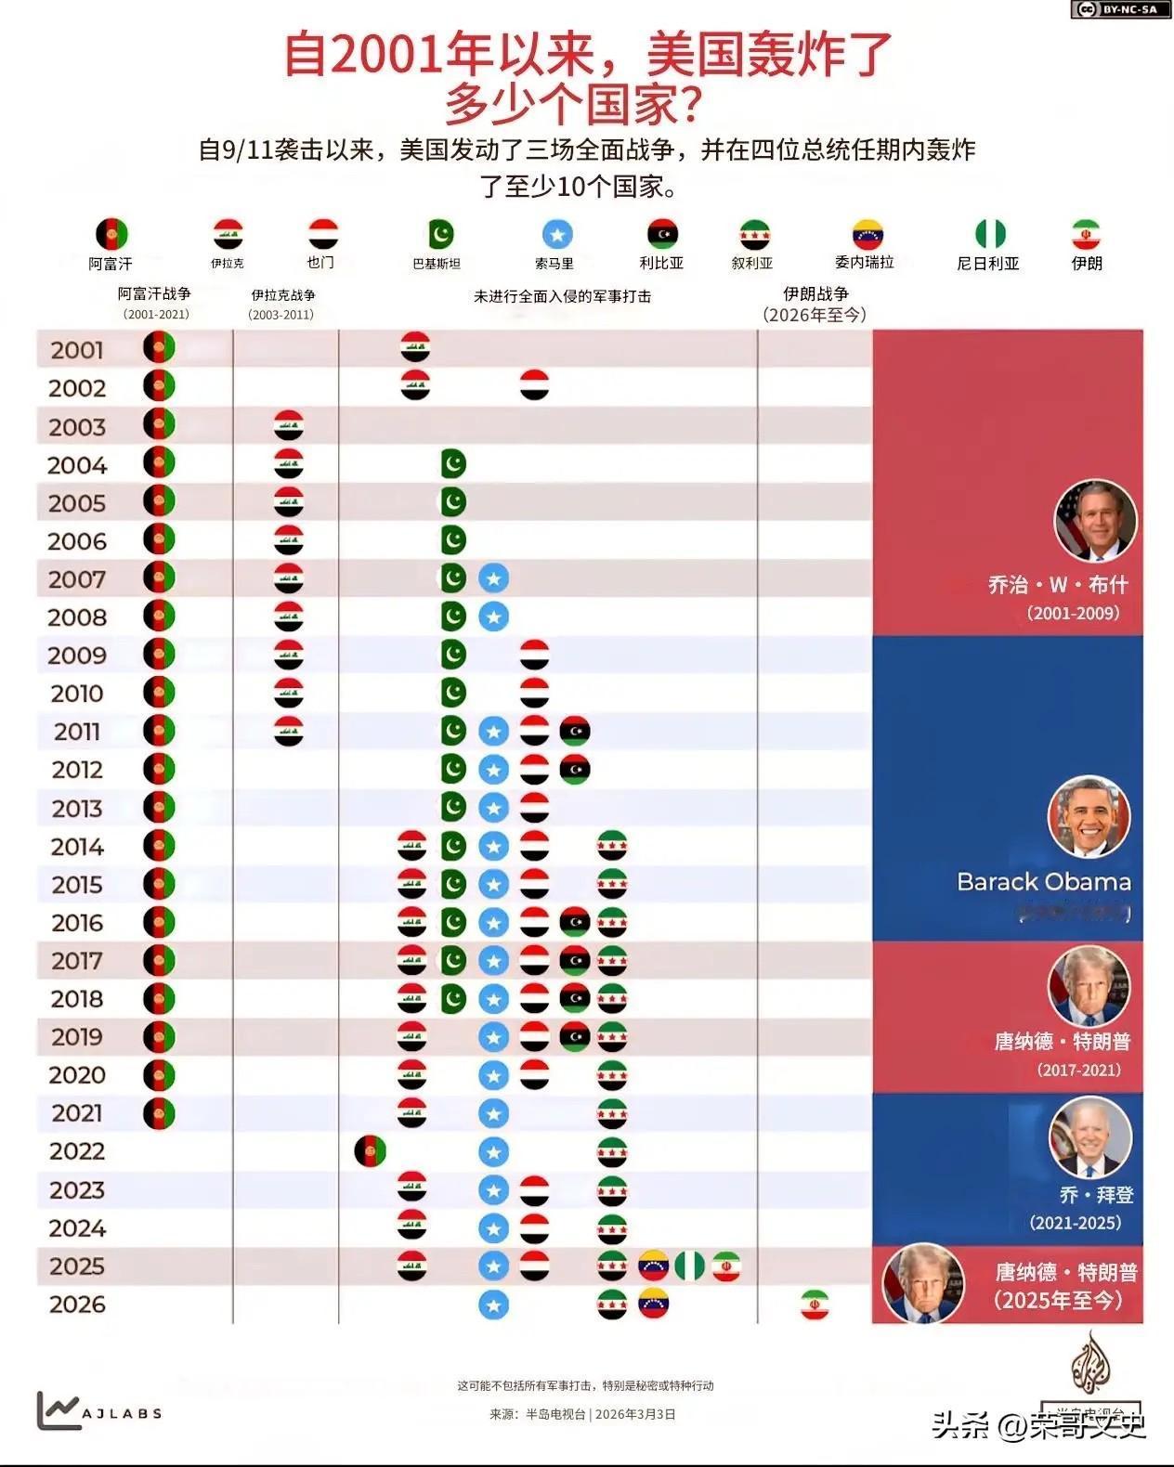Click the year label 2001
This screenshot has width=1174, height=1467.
click(77, 350)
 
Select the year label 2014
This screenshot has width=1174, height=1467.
click(77, 847)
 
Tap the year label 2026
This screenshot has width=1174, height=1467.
click(77, 1305)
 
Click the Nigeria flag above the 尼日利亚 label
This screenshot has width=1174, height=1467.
click(990, 234)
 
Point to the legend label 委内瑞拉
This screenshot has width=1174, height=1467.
click(864, 263)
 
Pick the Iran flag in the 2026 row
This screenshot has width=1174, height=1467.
click(815, 1305)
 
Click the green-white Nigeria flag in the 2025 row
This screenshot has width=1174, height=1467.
click(690, 1266)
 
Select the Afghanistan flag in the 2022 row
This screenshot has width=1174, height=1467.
click(370, 1152)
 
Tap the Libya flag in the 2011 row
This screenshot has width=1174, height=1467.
click(575, 732)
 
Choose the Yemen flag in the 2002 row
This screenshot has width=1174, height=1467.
click(534, 384)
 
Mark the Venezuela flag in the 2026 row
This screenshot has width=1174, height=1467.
click(654, 1304)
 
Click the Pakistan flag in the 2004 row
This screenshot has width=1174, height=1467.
click(453, 463)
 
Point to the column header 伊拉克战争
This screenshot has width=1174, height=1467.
click(282, 295)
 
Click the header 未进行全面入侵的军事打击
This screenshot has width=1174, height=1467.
click(562, 296)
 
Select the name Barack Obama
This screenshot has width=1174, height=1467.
click(1044, 882)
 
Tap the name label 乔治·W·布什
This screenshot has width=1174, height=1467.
click(1058, 585)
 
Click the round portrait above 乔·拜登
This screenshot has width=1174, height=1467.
click(1090, 1138)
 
